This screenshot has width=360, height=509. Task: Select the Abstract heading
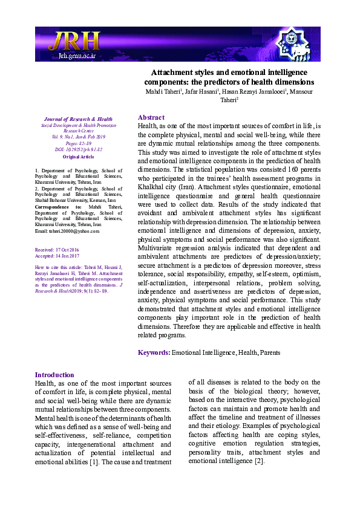point(151,117)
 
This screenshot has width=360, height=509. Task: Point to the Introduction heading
point(54,375)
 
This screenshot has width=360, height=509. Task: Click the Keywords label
point(154,352)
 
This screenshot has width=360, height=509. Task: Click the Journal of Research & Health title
point(76,119)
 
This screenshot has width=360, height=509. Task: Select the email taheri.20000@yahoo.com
point(67,231)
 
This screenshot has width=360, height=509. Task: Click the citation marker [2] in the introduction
point(259,461)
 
